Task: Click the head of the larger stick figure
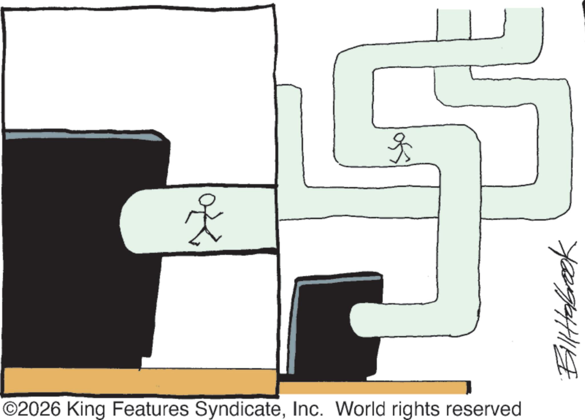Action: coord(207,200)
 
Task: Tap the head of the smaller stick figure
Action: coord(399,138)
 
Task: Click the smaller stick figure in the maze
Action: coord(400,148)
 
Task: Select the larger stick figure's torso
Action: coord(205,217)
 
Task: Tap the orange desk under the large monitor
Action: coord(140,381)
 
